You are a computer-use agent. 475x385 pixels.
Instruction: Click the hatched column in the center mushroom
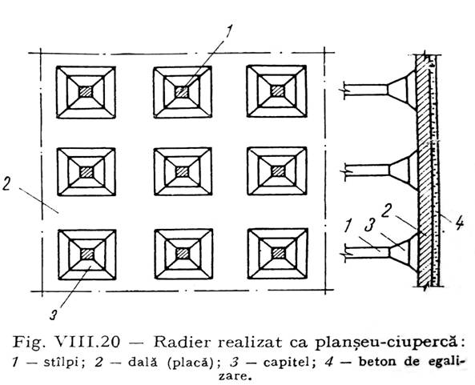tap(182, 171)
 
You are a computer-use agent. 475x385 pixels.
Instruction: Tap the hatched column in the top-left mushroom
tap(86, 91)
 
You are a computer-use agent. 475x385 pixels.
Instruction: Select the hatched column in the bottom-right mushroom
tap(277, 253)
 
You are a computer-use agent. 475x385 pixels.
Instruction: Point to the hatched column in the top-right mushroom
tap(277, 90)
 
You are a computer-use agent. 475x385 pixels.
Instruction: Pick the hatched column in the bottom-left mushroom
tap(87, 254)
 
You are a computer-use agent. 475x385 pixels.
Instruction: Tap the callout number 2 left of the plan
tap(6, 183)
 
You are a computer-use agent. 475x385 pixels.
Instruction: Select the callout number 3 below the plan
tap(54, 315)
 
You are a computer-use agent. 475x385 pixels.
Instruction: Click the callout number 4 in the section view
tap(459, 224)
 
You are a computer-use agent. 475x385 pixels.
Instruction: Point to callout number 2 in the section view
tap(386, 211)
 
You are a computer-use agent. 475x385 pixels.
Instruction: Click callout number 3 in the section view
tap(370, 224)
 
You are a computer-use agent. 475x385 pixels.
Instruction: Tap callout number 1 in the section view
tap(348, 226)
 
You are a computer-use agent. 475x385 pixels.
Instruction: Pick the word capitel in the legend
tap(285, 363)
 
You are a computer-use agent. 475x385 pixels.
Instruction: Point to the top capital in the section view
tap(402, 89)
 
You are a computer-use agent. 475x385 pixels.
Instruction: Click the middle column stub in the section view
tap(367, 170)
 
